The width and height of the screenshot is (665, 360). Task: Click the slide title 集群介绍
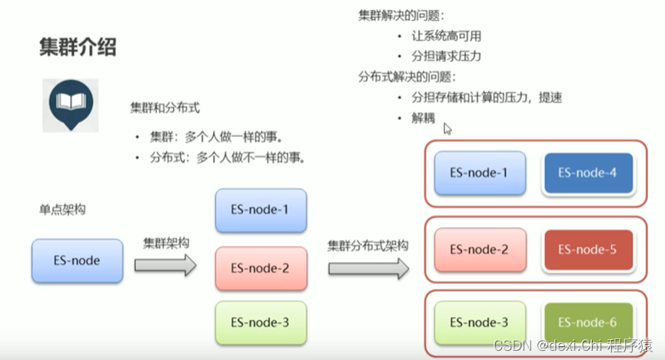78,48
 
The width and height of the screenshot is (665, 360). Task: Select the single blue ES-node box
77,261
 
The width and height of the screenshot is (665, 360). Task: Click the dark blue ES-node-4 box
587,174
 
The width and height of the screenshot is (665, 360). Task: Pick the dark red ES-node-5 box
587,249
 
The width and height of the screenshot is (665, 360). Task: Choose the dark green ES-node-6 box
587,323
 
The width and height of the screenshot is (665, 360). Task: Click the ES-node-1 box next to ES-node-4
479,174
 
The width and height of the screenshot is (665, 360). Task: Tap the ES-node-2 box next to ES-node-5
479,249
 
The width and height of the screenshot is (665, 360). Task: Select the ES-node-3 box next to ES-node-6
479,323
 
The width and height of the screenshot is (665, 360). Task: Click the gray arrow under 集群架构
165,265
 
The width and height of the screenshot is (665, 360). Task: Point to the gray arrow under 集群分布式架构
368,268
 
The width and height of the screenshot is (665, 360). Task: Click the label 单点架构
63,209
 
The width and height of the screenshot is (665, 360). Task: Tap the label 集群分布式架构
367,246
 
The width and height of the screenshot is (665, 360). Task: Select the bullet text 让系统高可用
447,36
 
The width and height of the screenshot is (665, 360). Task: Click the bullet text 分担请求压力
447,56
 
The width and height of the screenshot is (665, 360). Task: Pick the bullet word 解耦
423,118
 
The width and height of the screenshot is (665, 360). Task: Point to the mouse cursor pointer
447,128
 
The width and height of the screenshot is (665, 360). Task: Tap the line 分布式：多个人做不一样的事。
228,158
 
